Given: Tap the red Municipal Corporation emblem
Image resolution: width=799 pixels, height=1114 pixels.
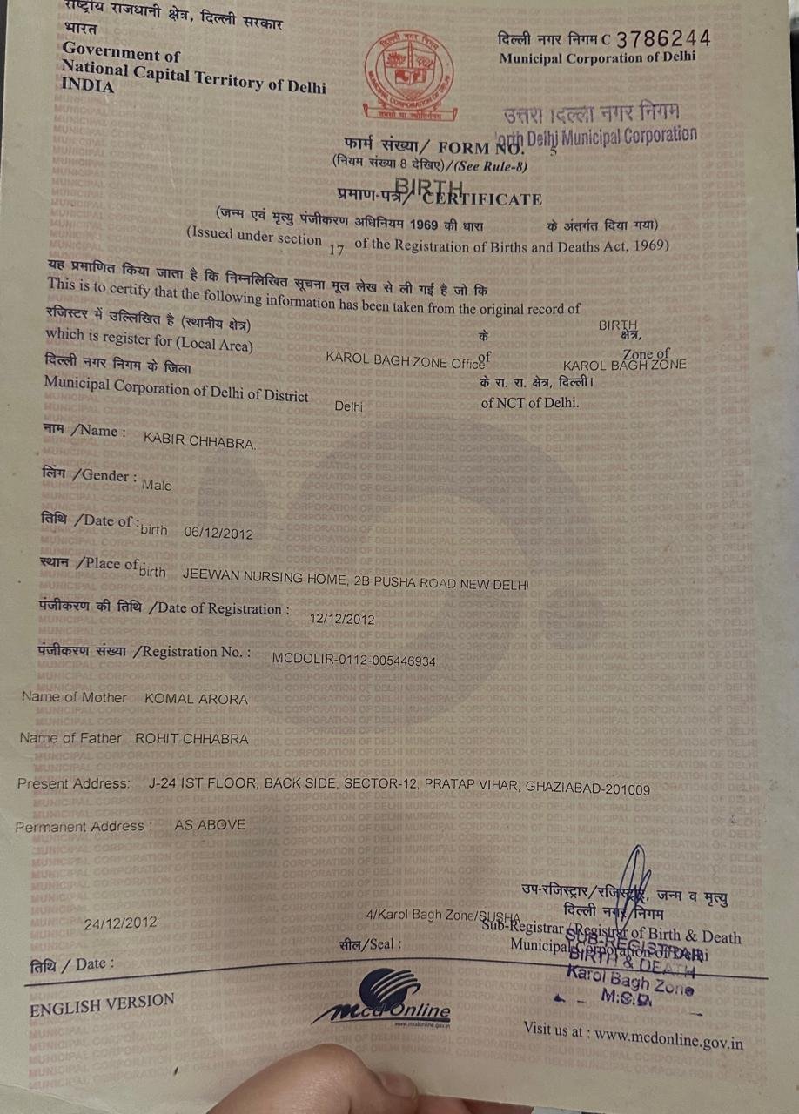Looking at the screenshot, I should click(x=408, y=75).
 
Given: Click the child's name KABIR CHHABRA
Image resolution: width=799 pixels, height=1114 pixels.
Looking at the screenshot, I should click(x=199, y=443).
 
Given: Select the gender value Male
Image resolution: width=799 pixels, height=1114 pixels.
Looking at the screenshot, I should click(x=157, y=486).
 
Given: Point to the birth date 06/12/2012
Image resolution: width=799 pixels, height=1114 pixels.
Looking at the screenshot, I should click(x=218, y=533).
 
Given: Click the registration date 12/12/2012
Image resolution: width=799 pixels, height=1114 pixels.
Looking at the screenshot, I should click(x=342, y=620).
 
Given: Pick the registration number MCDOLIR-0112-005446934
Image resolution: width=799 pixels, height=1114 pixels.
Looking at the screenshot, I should click(x=353, y=661).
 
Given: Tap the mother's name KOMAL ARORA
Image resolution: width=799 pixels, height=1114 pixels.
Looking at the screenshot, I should click(x=196, y=699).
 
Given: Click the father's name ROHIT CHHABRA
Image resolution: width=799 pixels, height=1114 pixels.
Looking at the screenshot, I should click(x=191, y=739).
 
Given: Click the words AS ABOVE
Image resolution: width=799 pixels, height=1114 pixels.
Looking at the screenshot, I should click(x=210, y=824).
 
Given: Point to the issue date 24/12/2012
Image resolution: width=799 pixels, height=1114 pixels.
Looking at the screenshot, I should click(x=121, y=923).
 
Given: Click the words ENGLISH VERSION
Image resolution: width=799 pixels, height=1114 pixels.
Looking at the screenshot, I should click(x=102, y=1005).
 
